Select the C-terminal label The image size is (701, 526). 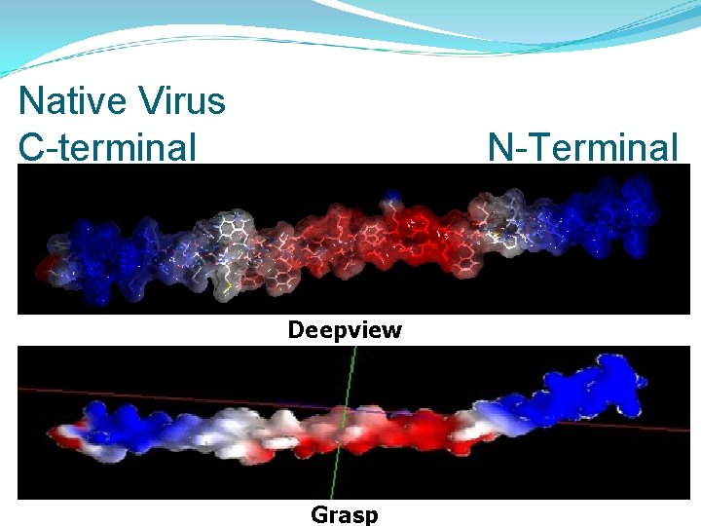tap(107, 147)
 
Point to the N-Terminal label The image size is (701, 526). tap(582, 147)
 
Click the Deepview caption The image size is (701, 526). tap(345, 330)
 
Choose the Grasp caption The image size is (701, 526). tap(345, 513)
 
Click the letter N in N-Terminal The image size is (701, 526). tap(499, 147)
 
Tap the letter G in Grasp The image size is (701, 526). tap(318, 513)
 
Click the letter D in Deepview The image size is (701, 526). tap(296, 329)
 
